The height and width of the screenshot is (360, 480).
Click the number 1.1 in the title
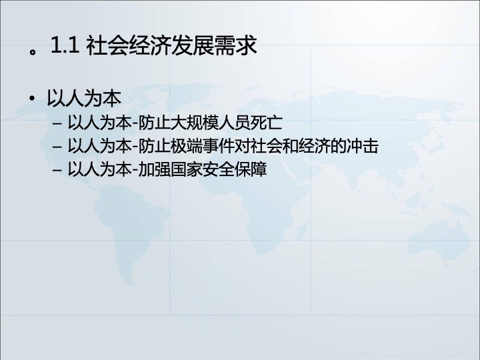click(x=65, y=45)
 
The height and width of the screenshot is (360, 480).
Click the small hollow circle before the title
click(x=33, y=51)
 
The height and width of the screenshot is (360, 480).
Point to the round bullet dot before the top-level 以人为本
click(x=31, y=98)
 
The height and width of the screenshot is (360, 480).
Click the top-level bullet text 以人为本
click(x=84, y=98)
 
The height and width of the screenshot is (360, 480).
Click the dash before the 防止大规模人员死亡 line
click(x=57, y=124)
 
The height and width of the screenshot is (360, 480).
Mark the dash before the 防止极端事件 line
click(x=57, y=147)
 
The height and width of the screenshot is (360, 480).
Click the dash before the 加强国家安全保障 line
click(x=57, y=170)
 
